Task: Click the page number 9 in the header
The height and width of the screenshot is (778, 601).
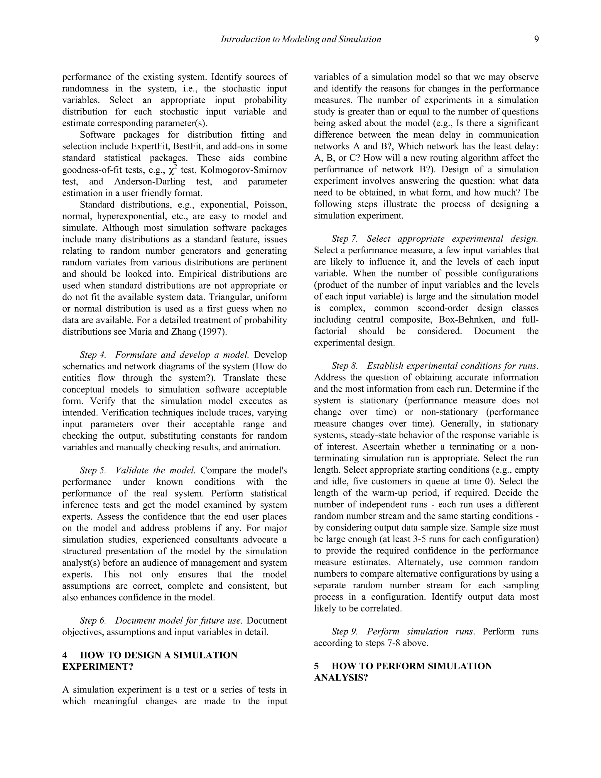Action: coord(536,39)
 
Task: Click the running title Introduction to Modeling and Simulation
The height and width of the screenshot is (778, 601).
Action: coord(301,39)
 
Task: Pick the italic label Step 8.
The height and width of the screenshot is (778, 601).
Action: coord(344,366)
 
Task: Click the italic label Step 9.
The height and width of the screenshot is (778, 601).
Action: coord(344,632)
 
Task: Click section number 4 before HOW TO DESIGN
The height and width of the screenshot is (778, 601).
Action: coord(65,655)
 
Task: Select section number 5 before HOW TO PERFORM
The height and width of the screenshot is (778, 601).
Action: coord(317,666)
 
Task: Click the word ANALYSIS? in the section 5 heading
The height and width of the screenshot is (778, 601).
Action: coord(341,678)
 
